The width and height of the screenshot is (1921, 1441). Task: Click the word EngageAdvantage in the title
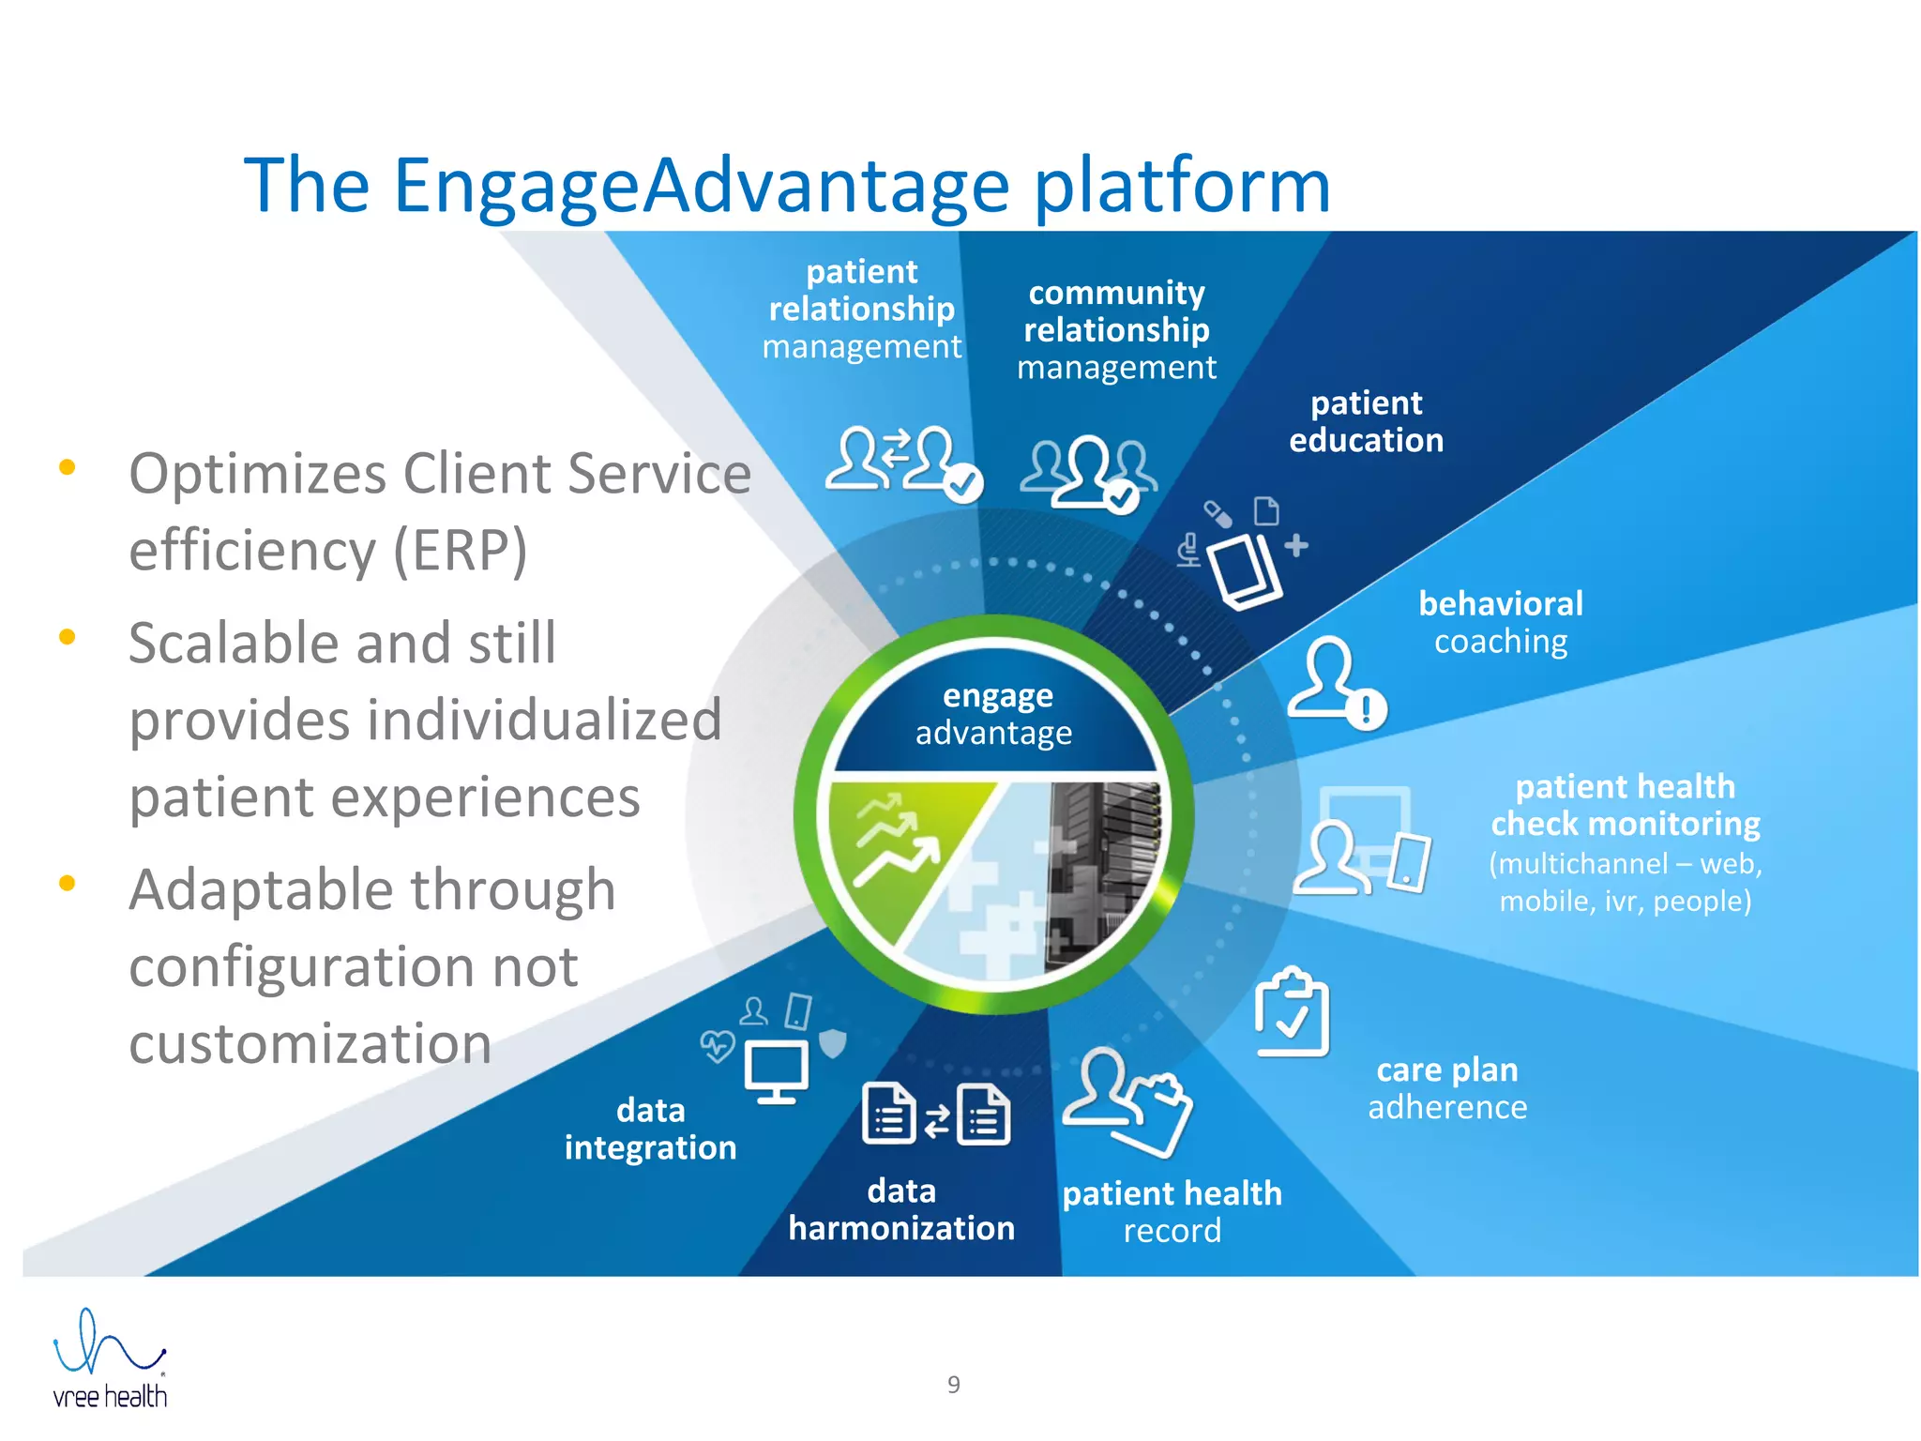coord(701,186)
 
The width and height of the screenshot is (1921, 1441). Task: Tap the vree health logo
coord(110,1359)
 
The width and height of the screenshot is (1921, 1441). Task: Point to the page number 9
coord(953,1385)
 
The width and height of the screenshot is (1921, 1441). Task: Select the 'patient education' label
coord(1366,422)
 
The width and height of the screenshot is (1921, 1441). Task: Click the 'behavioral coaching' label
coord(1500,622)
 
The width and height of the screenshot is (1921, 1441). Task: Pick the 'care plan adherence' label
coord(1447,1088)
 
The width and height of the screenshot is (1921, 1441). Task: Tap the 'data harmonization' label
coord(900,1209)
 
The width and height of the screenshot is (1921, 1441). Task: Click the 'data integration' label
coord(650,1130)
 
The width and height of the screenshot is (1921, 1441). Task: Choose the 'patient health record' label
coord(1172,1211)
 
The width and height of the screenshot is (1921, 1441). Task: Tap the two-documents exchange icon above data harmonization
coord(935,1115)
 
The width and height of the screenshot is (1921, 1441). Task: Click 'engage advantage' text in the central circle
coord(995,714)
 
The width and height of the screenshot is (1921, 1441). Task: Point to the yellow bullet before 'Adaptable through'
coord(67,883)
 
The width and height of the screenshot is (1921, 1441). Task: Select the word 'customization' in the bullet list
coord(310,1043)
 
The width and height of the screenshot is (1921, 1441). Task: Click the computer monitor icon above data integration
coord(776,1070)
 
